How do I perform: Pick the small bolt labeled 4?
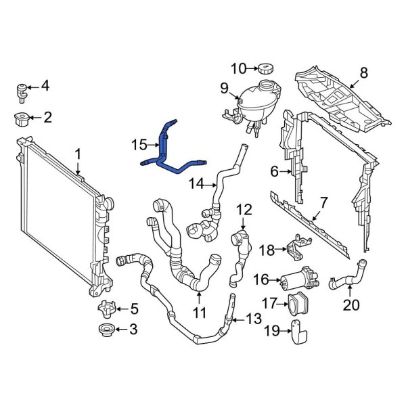[22, 88]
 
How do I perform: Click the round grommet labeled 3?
[106, 332]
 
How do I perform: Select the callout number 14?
[196, 183]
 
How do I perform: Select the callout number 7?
[323, 202]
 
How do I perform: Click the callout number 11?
[200, 313]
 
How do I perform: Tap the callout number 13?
[252, 319]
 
